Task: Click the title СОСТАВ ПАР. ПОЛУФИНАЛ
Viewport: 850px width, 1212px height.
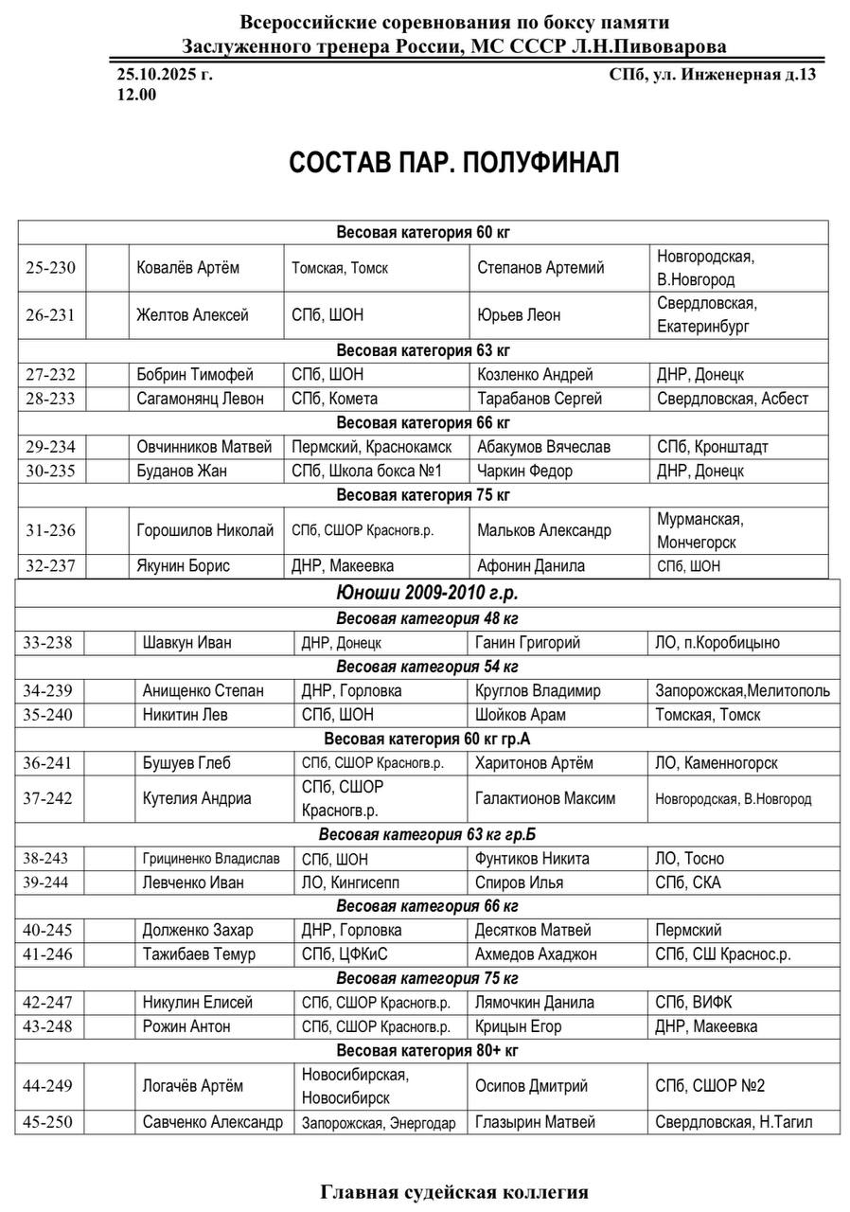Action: click(453, 163)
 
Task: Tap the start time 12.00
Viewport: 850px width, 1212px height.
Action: click(136, 94)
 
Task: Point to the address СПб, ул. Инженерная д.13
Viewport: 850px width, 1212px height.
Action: click(712, 75)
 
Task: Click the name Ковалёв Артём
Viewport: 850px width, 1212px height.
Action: click(188, 268)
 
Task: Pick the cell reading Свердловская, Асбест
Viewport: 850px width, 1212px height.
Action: click(733, 399)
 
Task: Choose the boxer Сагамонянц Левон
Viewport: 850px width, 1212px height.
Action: click(200, 399)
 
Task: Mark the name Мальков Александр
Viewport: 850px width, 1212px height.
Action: click(544, 530)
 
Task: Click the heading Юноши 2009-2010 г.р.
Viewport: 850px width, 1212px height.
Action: click(427, 594)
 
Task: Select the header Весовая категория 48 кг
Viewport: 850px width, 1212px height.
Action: click(427, 618)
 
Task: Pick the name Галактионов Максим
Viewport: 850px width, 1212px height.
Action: click(545, 798)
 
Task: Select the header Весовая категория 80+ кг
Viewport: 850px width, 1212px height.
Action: click(427, 1050)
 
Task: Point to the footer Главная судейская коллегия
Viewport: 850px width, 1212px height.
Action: click(454, 1192)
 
